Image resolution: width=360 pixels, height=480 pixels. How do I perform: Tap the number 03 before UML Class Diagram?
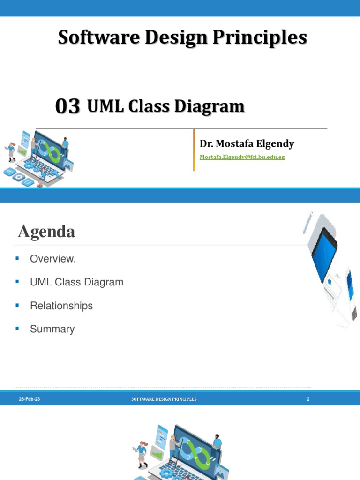point(67,107)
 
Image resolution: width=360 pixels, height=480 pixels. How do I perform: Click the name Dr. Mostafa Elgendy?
point(247,143)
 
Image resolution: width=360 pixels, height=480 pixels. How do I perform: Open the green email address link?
point(242,157)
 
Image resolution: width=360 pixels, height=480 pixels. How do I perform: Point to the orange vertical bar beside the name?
point(194,150)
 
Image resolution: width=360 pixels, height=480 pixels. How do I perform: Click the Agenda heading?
point(46,232)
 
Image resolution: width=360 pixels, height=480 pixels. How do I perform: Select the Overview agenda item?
point(52,259)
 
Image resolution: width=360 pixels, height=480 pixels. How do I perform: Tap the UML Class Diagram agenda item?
point(76,282)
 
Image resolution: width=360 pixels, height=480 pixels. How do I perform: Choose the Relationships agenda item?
point(61,306)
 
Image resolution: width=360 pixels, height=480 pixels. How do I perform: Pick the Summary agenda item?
point(52,329)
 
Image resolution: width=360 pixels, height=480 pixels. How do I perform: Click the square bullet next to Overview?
point(17,258)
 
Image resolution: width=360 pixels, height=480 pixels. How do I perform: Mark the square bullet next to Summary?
point(17,329)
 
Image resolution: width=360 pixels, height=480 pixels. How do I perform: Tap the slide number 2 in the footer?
point(308,399)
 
